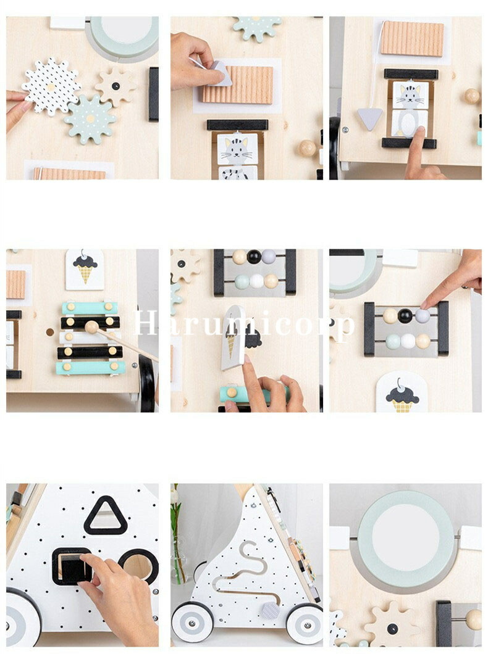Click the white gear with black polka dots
(x=51, y=87)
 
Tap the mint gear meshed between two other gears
(x=90, y=119)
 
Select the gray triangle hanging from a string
(x=369, y=118)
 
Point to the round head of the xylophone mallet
(x=91, y=326)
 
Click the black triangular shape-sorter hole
(x=106, y=516)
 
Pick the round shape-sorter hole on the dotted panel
(x=138, y=566)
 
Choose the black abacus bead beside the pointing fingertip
(x=405, y=316)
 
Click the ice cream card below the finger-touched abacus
(x=402, y=392)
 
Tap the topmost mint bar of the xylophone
(x=90, y=308)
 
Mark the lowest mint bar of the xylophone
(x=91, y=368)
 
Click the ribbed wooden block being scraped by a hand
(x=238, y=85)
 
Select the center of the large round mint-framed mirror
(x=405, y=538)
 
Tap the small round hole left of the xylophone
(x=50, y=332)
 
